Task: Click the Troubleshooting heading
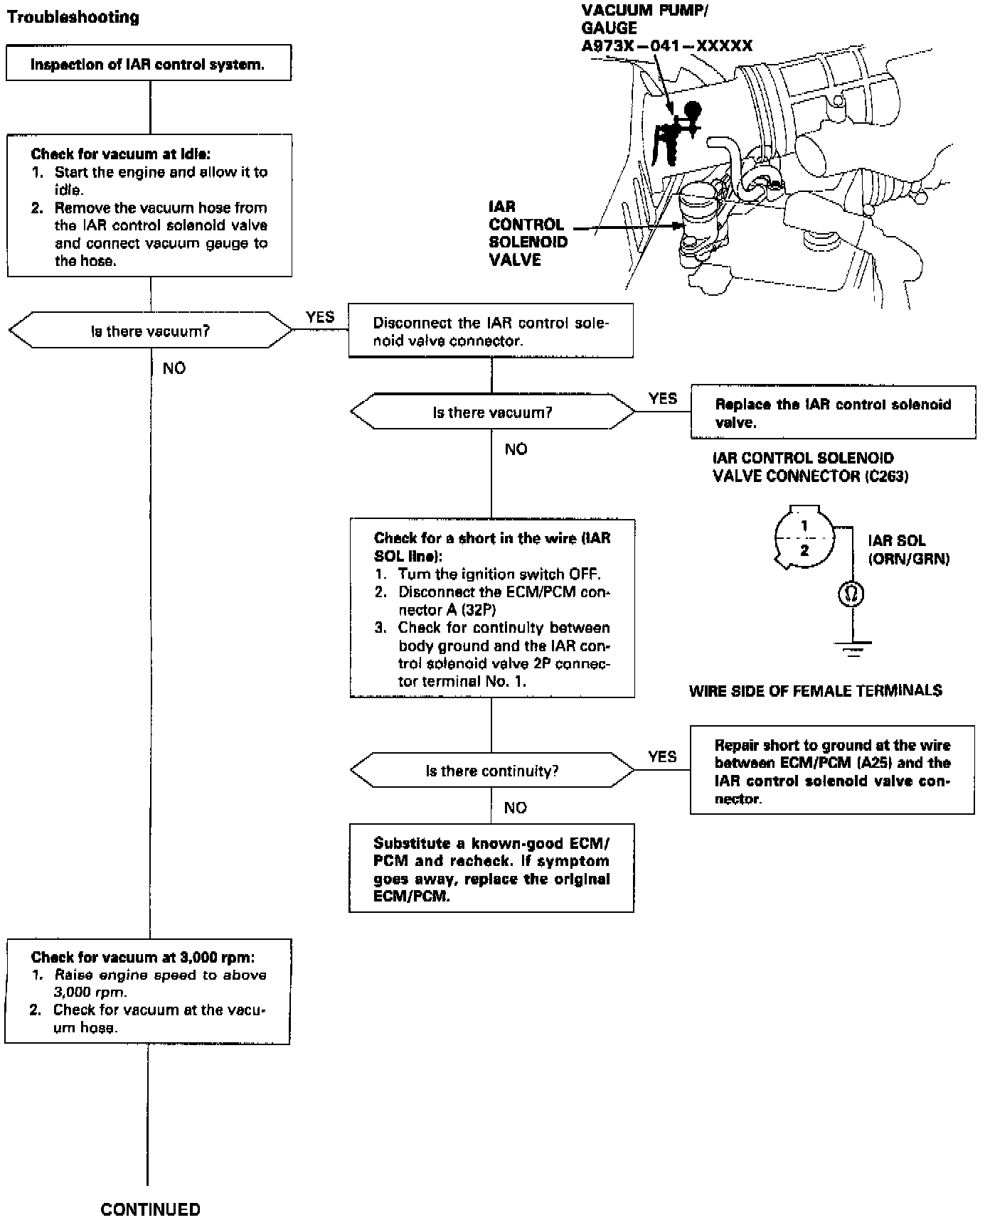tap(73, 17)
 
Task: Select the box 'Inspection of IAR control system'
tap(149, 63)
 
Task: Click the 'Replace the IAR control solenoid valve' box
tap(833, 413)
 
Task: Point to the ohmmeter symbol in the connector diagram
tap(851, 594)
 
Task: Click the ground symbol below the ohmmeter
tap(852, 648)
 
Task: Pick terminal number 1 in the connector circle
tap(804, 527)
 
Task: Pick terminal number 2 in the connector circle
tap(804, 550)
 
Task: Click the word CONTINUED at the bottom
tap(151, 1209)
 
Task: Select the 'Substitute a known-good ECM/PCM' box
tap(491, 868)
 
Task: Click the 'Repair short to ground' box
tap(832, 770)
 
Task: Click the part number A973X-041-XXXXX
tap(667, 46)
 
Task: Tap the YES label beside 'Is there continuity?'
tap(662, 756)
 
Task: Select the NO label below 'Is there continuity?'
tap(515, 808)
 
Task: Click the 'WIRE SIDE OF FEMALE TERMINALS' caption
tap(816, 690)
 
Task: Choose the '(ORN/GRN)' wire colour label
tap(909, 559)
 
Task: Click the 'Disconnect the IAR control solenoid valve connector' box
tap(491, 331)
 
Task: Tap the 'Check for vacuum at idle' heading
tap(121, 154)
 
